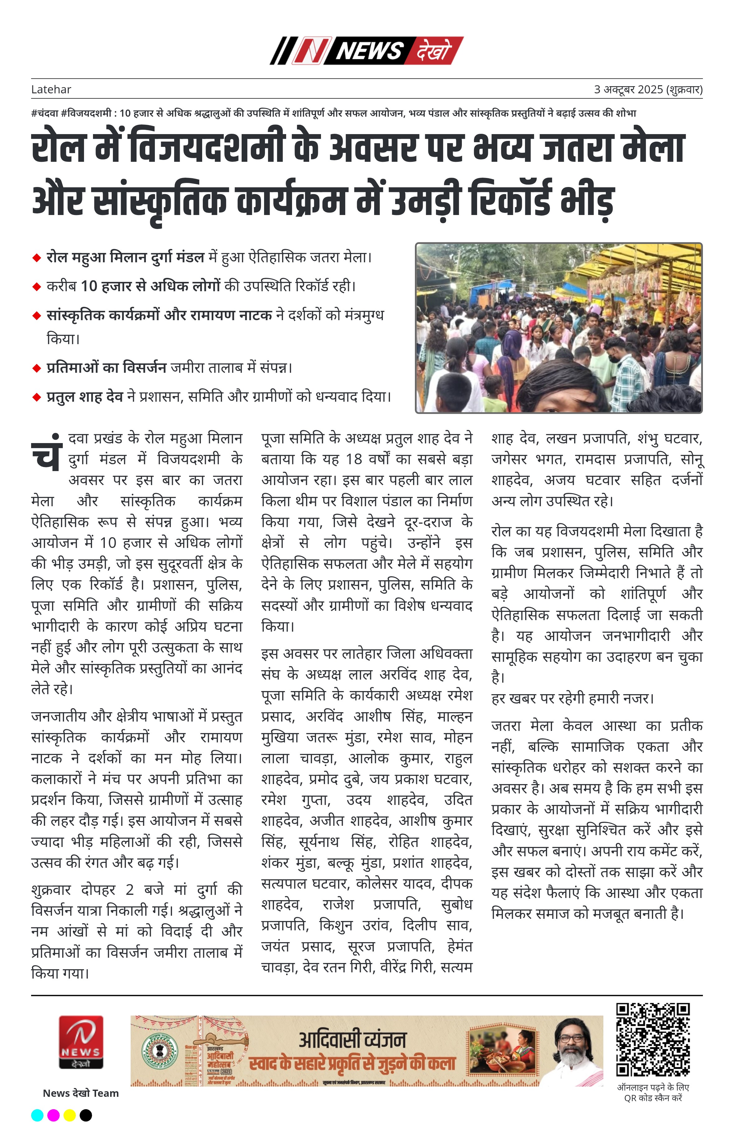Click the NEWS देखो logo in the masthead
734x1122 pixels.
pyautogui.click(x=366, y=50)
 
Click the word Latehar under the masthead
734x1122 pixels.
pyautogui.click(x=51, y=90)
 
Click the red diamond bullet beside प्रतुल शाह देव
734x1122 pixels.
pyautogui.click(x=36, y=397)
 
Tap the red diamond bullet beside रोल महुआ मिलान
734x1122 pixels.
pyautogui.click(x=36, y=258)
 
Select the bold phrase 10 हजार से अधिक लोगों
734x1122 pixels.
pyautogui.click(x=150, y=286)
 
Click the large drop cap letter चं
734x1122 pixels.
pyautogui.click(x=47, y=454)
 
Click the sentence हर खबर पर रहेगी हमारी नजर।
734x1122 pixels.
pyautogui.click(x=572, y=698)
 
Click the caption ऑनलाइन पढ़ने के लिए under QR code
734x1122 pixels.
pyautogui.click(x=653, y=1087)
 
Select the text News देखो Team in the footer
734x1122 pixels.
pyautogui.click(x=81, y=1093)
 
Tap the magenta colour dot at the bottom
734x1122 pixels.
pyautogui.click(x=54, y=1115)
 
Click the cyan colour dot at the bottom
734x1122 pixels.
pyautogui.click(x=37, y=1115)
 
